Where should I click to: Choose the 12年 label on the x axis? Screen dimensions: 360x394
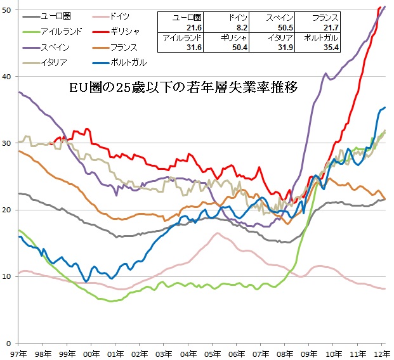(380, 352)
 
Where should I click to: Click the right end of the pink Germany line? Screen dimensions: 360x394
(385, 288)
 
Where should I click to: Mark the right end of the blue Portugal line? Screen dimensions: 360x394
(385, 108)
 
